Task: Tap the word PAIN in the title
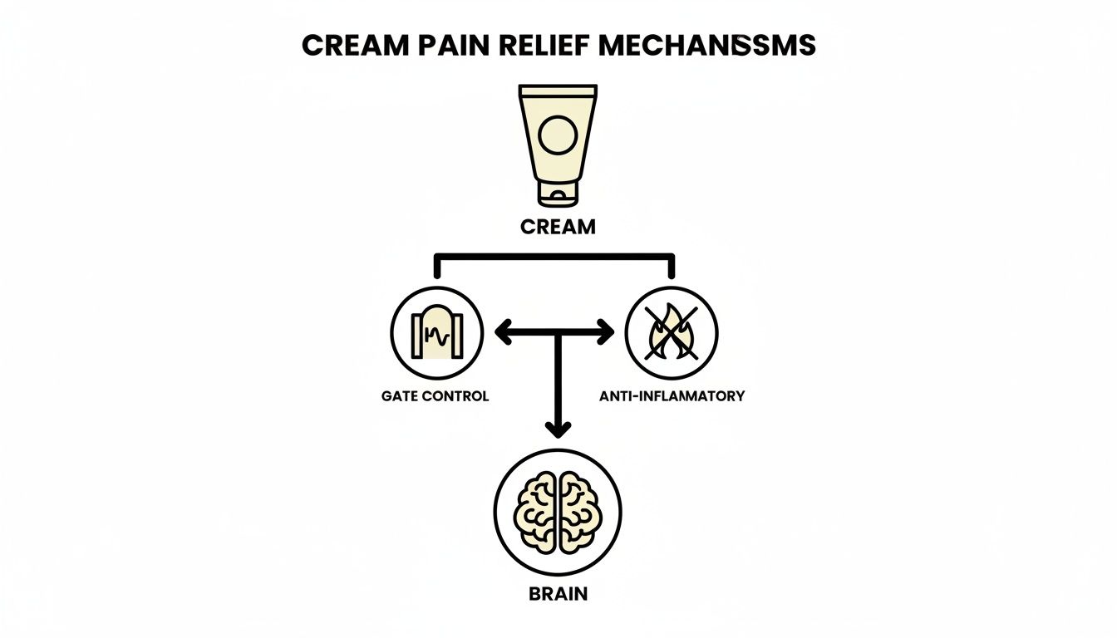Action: pos(450,46)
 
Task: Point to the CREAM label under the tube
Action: pos(558,227)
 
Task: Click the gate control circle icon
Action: pos(436,333)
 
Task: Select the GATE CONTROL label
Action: pos(435,396)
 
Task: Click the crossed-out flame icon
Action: pos(671,333)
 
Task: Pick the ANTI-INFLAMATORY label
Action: pos(672,396)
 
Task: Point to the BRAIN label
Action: pos(558,595)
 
